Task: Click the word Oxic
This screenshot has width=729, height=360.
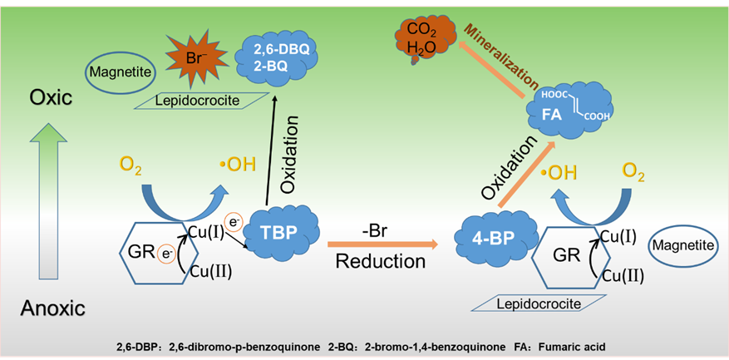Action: (52, 97)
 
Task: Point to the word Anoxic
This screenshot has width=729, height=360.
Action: (53, 309)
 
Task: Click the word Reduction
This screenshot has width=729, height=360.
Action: (381, 261)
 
